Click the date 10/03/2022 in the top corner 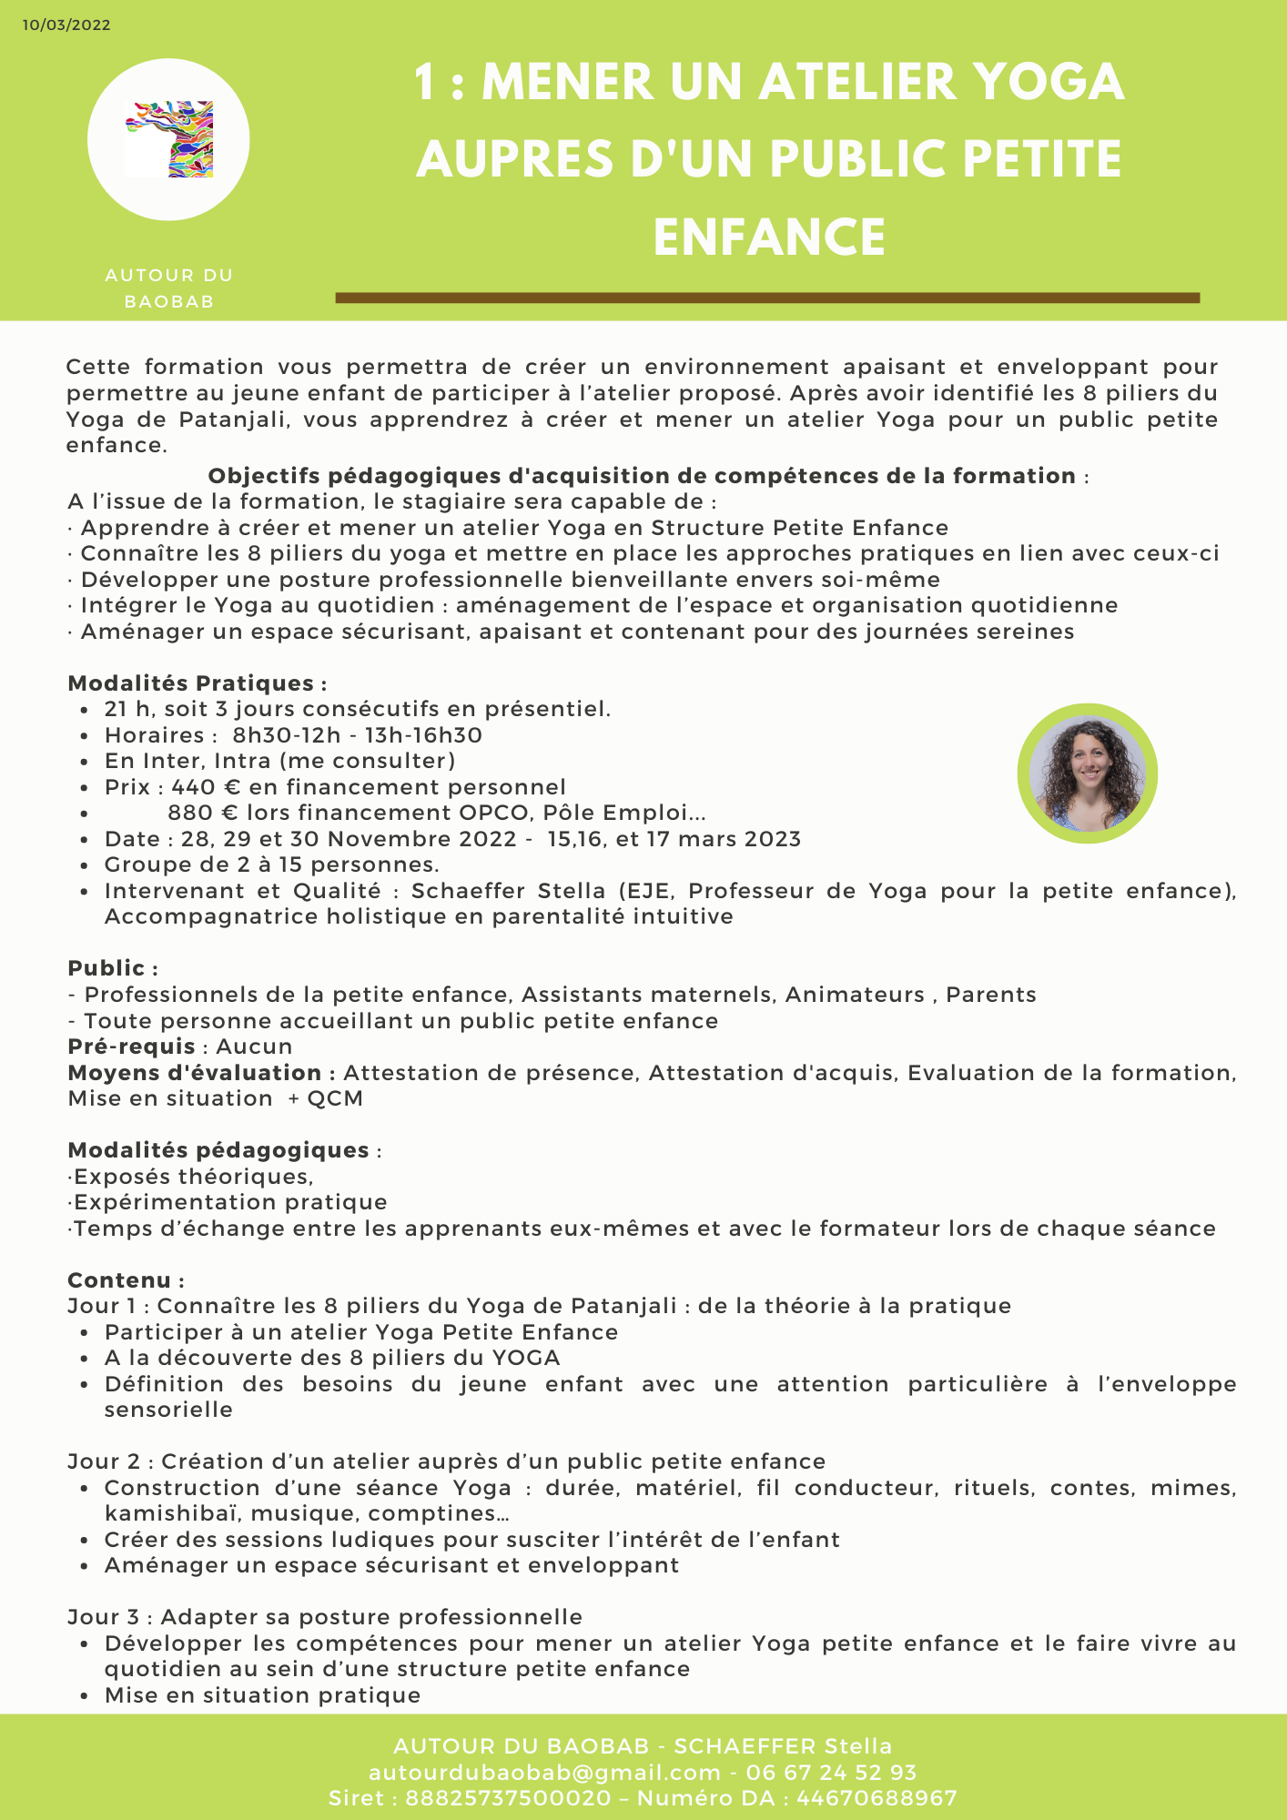click(66, 25)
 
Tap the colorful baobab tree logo click(169, 139)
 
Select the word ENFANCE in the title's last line click(769, 237)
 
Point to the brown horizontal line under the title click(767, 298)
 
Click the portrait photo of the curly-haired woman click(1087, 773)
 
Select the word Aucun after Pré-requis click(254, 1046)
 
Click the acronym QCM click(335, 1098)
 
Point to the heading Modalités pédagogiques click(218, 1150)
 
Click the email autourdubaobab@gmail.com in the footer click(544, 1772)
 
